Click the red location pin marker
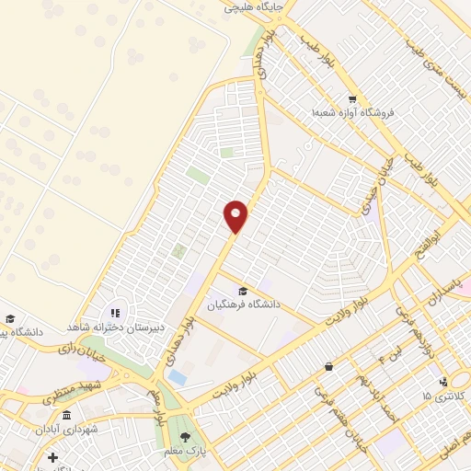point(236,216)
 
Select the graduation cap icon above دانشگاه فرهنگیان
point(243,291)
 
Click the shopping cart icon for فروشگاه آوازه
point(352,99)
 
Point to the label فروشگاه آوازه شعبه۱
point(352,112)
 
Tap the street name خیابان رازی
point(77,349)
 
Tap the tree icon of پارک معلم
point(186,437)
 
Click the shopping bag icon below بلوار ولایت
point(328,366)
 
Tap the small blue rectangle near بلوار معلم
point(178,377)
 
